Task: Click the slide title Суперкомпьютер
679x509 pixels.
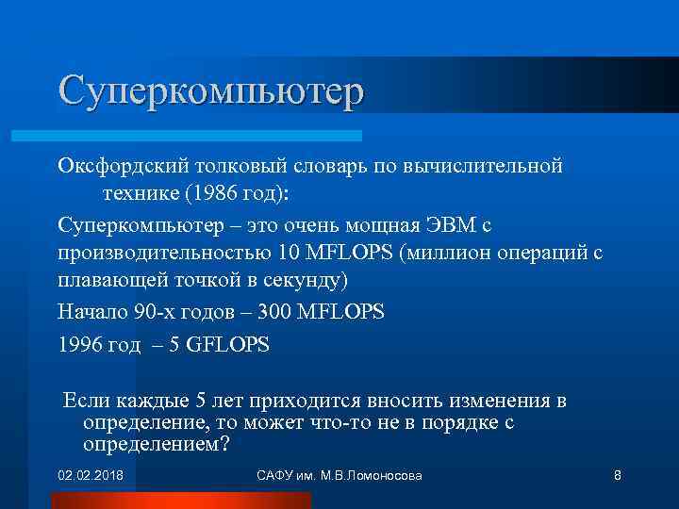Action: [210, 92]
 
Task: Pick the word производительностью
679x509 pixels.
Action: [164, 254]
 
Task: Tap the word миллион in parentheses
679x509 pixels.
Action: [443, 254]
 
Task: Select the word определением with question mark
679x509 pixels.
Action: [156, 444]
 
